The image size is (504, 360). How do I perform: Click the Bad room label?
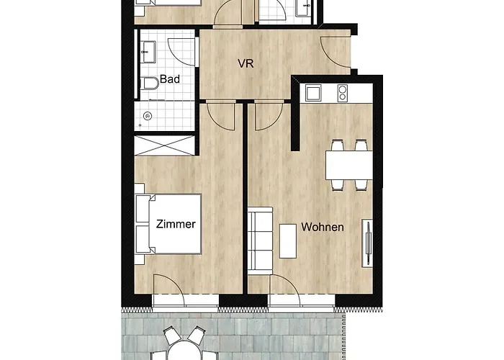(x=170, y=79)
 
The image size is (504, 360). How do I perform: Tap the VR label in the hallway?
(x=246, y=63)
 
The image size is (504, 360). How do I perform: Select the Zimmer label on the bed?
(x=176, y=224)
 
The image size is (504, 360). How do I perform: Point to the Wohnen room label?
(x=323, y=227)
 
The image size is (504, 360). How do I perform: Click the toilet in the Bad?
(x=150, y=84)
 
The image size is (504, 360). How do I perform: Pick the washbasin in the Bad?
(x=148, y=52)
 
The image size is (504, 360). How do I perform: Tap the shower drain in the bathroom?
(x=148, y=116)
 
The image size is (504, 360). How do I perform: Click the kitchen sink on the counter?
(x=313, y=93)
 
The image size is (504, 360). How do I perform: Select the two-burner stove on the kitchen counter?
(x=342, y=93)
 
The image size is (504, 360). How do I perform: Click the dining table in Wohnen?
(x=349, y=165)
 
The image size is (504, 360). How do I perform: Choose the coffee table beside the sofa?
(x=288, y=241)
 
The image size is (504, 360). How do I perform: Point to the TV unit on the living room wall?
(x=367, y=243)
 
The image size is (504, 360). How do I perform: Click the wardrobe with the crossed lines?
(x=165, y=145)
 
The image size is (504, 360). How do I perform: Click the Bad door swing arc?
(x=181, y=52)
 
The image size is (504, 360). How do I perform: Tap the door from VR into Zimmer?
(x=220, y=116)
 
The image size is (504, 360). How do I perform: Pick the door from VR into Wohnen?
(x=269, y=116)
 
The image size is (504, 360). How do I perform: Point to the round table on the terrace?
(x=184, y=351)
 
